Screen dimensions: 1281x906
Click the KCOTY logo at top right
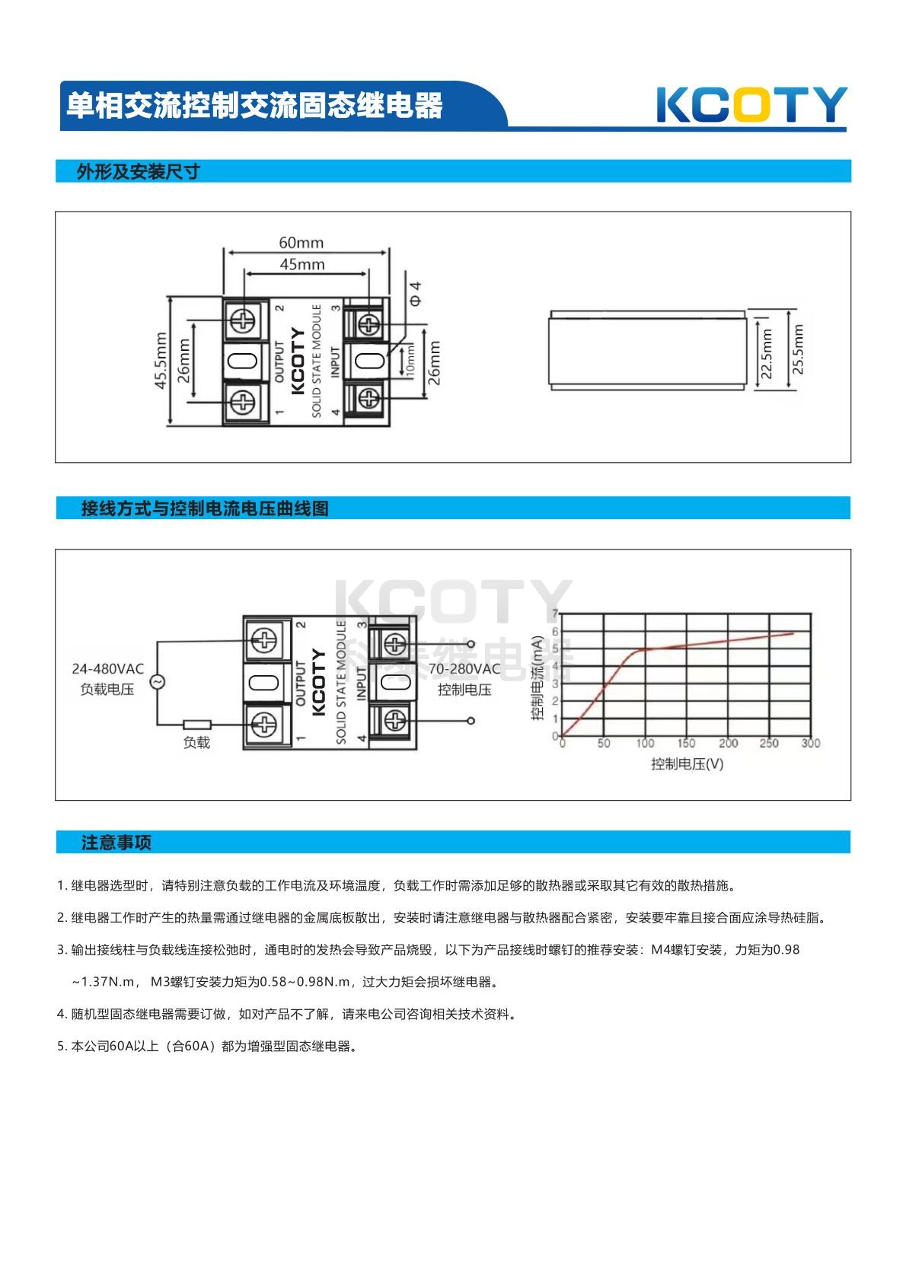point(751,105)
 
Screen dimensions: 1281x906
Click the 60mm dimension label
point(301,243)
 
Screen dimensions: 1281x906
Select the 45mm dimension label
point(302,265)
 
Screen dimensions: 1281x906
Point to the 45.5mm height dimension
point(161,361)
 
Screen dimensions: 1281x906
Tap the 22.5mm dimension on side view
point(767,353)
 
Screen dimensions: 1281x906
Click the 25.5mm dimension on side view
point(798,349)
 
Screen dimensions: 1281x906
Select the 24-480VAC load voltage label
point(107,669)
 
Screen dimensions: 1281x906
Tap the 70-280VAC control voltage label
point(464,669)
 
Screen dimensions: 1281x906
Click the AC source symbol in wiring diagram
point(158,682)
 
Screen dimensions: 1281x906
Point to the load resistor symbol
point(197,725)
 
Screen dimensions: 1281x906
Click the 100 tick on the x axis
point(645,743)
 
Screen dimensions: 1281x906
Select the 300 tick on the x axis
point(810,743)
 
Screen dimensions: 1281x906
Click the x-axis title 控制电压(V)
point(687,763)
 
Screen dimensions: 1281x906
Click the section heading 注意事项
point(116,843)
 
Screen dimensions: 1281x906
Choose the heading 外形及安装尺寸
point(138,172)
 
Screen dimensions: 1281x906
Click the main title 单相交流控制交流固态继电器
point(254,106)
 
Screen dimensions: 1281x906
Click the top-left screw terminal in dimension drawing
point(242,320)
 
